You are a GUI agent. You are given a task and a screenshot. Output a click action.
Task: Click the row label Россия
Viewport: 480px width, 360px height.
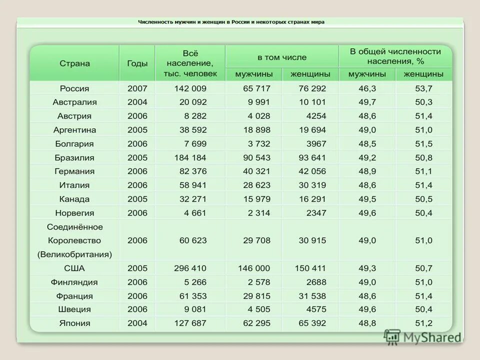[74, 88]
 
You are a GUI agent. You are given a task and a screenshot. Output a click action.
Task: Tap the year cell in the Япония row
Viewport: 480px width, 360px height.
[137, 323]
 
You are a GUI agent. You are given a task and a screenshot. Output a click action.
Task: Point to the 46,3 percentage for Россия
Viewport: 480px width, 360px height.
[367, 88]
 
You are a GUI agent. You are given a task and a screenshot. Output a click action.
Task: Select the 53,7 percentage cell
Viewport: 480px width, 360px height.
[423, 88]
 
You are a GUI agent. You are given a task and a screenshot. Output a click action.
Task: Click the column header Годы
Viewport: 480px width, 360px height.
[137, 63]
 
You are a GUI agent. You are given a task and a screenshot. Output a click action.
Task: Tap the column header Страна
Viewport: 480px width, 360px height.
[74, 63]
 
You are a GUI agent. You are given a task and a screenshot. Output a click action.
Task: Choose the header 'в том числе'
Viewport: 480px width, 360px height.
[282, 57]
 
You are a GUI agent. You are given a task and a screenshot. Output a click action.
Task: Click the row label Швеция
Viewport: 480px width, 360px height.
[74, 309]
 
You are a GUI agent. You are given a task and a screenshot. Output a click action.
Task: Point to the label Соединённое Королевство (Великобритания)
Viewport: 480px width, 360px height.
[74, 240]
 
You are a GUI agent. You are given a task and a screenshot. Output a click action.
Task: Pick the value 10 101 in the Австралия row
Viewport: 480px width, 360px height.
[312, 102]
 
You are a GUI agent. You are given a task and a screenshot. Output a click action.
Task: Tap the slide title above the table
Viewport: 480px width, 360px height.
[231, 22]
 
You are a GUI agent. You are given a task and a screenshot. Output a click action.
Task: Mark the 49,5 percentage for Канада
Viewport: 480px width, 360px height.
[367, 199]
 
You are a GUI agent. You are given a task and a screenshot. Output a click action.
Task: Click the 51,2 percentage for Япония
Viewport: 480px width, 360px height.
[423, 323]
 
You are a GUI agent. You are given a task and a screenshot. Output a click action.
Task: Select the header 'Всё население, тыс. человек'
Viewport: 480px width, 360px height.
[190, 63]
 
